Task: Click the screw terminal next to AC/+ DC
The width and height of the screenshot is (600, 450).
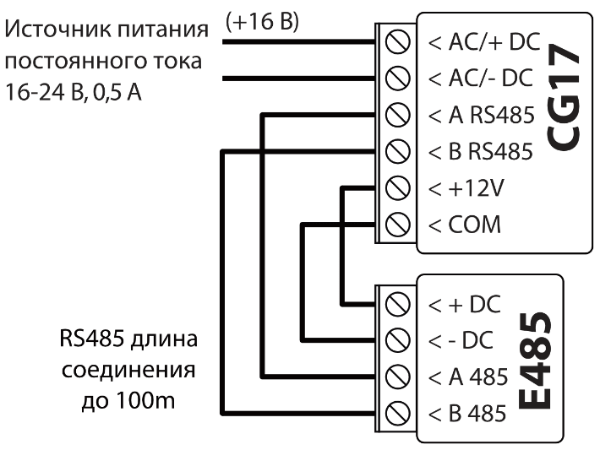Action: [x=392, y=41]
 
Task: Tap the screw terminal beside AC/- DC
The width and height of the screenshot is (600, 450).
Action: [x=392, y=78]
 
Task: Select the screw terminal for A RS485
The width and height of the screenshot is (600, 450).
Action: [x=392, y=115]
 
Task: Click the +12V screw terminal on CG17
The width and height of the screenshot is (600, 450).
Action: [x=392, y=188]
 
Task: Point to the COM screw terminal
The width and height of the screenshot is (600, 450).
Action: [x=392, y=225]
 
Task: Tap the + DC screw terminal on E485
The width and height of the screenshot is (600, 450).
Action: [x=392, y=303]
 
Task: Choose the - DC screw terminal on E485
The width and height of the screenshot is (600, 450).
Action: [x=392, y=340]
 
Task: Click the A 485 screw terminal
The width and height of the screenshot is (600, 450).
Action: [x=392, y=377]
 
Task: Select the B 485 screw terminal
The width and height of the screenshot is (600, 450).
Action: [x=392, y=414]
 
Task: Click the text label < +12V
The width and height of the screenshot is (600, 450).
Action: [x=466, y=188]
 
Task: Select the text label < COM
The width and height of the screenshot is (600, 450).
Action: [x=465, y=225]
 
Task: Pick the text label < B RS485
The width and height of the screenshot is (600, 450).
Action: [x=481, y=152]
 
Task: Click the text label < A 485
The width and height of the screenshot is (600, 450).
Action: [x=467, y=377]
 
